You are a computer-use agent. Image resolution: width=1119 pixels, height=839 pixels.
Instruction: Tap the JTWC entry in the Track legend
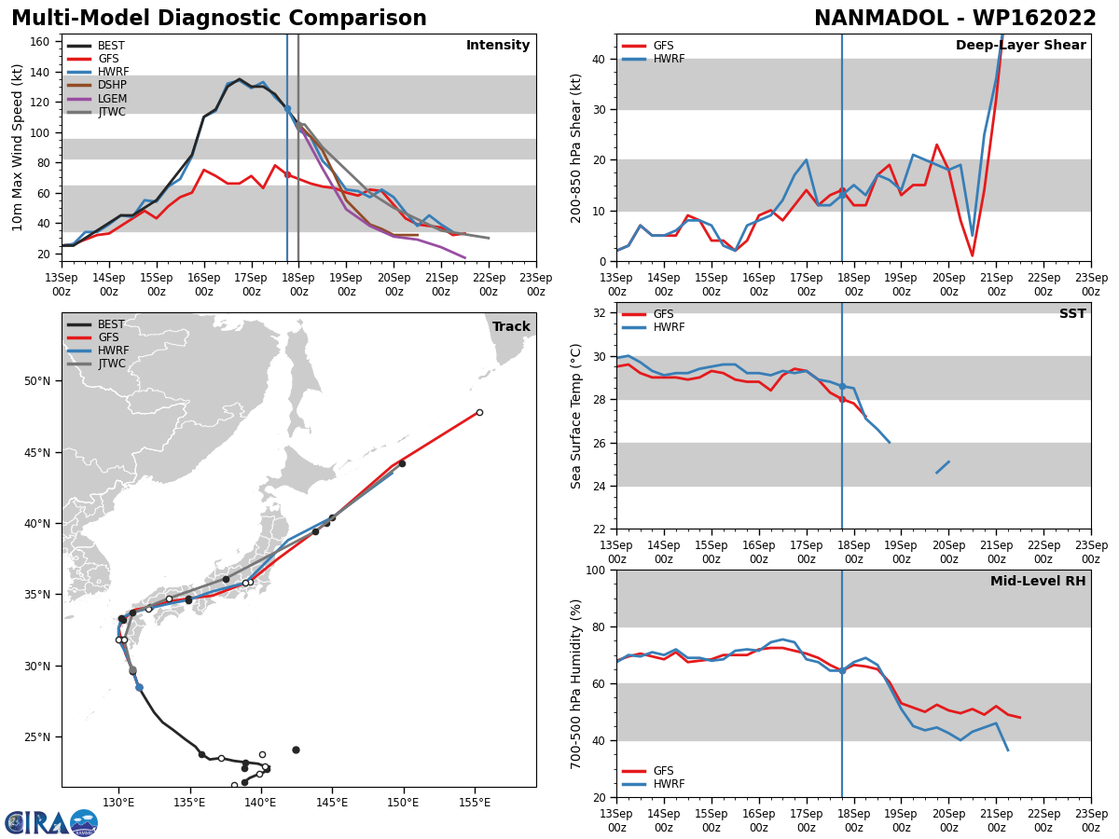click(x=112, y=364)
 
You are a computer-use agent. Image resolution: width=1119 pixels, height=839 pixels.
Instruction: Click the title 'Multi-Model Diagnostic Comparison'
click(x=219, y=19)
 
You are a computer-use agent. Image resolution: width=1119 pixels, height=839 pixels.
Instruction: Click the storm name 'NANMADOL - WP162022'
click(x=955, y=19)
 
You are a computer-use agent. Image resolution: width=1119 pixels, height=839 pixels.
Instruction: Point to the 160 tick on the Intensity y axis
click(x=41, y=42)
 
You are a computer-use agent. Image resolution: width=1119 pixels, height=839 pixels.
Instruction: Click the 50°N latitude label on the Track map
click(x=39, y=381)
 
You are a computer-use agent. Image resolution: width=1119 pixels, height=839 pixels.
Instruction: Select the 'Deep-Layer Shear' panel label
click(x=1020, y=46)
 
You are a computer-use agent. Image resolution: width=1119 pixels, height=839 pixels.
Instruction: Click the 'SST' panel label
click(x=1072, y=314)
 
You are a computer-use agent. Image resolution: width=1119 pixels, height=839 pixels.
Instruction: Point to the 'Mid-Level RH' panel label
click(x=1038, y=582)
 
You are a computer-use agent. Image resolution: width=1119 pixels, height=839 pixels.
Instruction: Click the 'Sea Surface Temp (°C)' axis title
click(x=576, y=416)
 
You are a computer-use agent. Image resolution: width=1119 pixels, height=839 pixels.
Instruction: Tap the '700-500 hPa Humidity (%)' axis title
click(x=576, y=683)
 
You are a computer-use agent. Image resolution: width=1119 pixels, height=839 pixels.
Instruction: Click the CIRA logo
click(x=51, y=822)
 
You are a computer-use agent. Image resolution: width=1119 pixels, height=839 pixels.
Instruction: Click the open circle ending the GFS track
click(x=479, y=412)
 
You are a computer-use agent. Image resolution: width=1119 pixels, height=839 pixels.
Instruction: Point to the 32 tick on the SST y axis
click(x=601, y=313)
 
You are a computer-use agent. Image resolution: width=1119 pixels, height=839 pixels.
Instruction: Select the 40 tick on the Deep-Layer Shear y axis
click(x=601, y=60)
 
